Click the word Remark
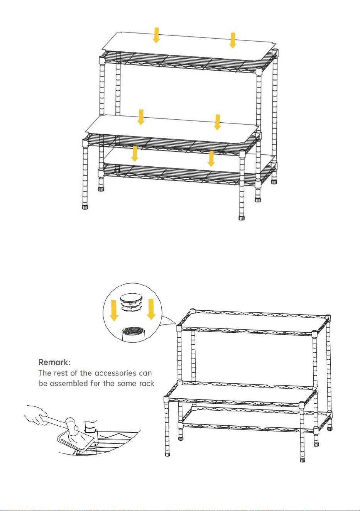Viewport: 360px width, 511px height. (x=54, y=362)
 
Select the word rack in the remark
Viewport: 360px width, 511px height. (x=147, y=383)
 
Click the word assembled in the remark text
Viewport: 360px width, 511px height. (x=69, y=383)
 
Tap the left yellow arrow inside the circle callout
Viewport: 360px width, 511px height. (x=114, y=310)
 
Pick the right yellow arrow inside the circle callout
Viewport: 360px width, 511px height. (x=151, y=309)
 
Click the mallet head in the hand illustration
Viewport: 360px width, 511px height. (x=73, y=425)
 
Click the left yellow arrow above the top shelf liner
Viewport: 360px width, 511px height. (x=156, y=35)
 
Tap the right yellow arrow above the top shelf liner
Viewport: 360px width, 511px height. (x=233, y=41)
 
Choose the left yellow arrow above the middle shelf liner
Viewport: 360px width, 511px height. (x=141, y=117)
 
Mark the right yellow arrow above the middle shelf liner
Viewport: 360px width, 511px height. (x=218, y=122)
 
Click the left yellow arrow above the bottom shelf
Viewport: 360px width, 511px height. (x=135, y=154)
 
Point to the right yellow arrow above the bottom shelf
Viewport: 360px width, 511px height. (x=211, y=159)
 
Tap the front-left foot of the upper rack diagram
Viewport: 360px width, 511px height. (x=85, y=207)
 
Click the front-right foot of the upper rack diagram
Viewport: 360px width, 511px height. (x=242, y=218)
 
